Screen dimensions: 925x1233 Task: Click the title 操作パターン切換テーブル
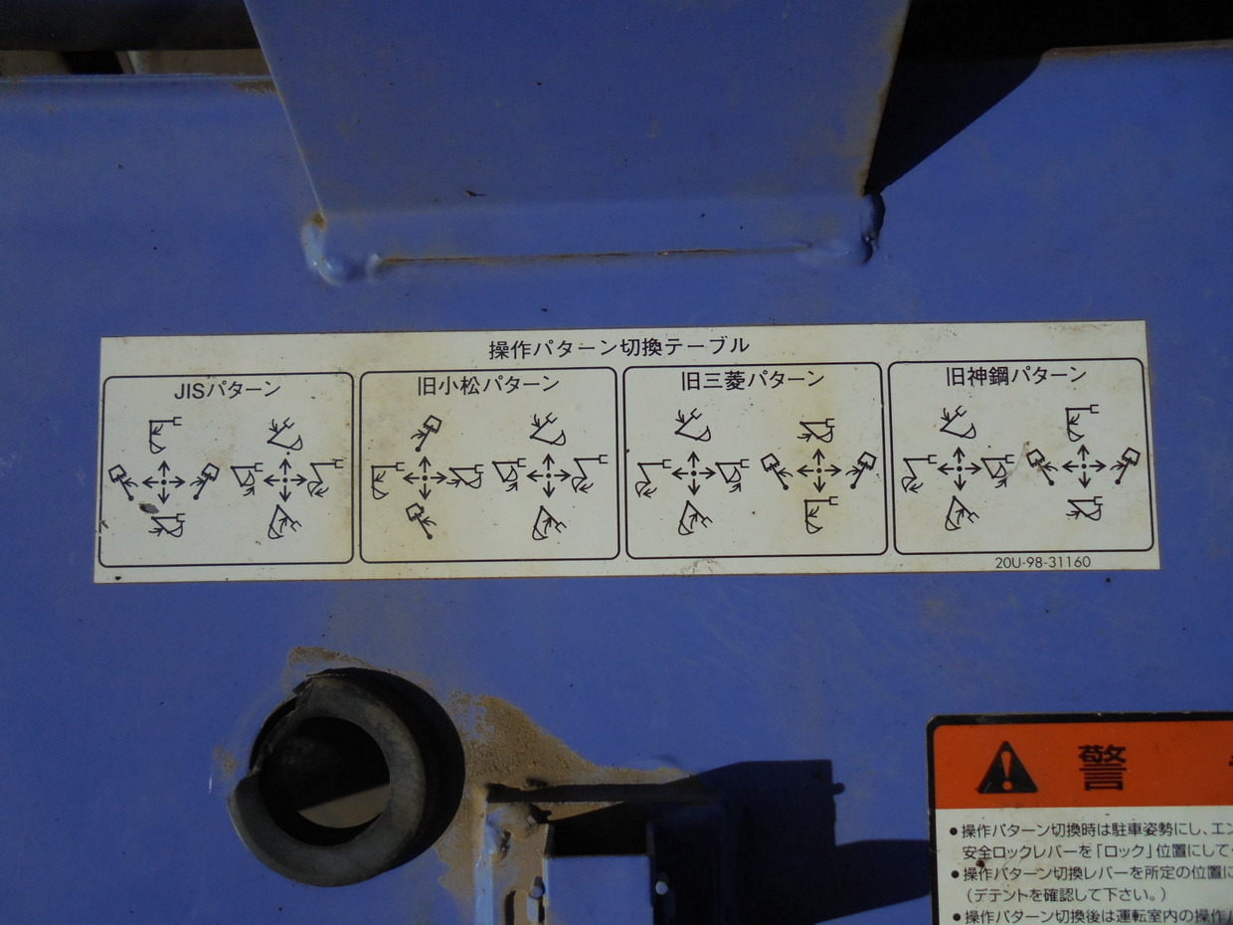click(618, 348)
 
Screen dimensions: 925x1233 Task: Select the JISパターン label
click(227, 390)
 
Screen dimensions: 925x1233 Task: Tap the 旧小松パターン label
click(488, 384)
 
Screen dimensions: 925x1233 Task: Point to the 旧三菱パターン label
click(753, 379)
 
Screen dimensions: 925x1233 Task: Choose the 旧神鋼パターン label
click(1015, 375)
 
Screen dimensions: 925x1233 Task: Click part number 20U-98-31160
click(1042, 562)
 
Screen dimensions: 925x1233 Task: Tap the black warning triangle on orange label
click(1006, 769)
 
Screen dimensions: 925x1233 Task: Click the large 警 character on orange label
click(1102, 767)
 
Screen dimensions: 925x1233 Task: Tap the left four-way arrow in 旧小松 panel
click(425, 477)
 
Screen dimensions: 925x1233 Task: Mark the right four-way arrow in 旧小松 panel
click(548, 475)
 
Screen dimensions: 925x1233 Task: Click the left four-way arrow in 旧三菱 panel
click(693, 471)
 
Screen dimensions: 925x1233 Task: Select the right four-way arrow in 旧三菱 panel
click(818, 469)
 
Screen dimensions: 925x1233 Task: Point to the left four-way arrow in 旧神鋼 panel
click(960, 466)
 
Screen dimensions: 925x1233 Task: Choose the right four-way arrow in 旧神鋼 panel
click(1084, 464)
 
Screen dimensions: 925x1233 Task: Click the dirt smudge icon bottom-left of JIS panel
click(149, 508)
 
